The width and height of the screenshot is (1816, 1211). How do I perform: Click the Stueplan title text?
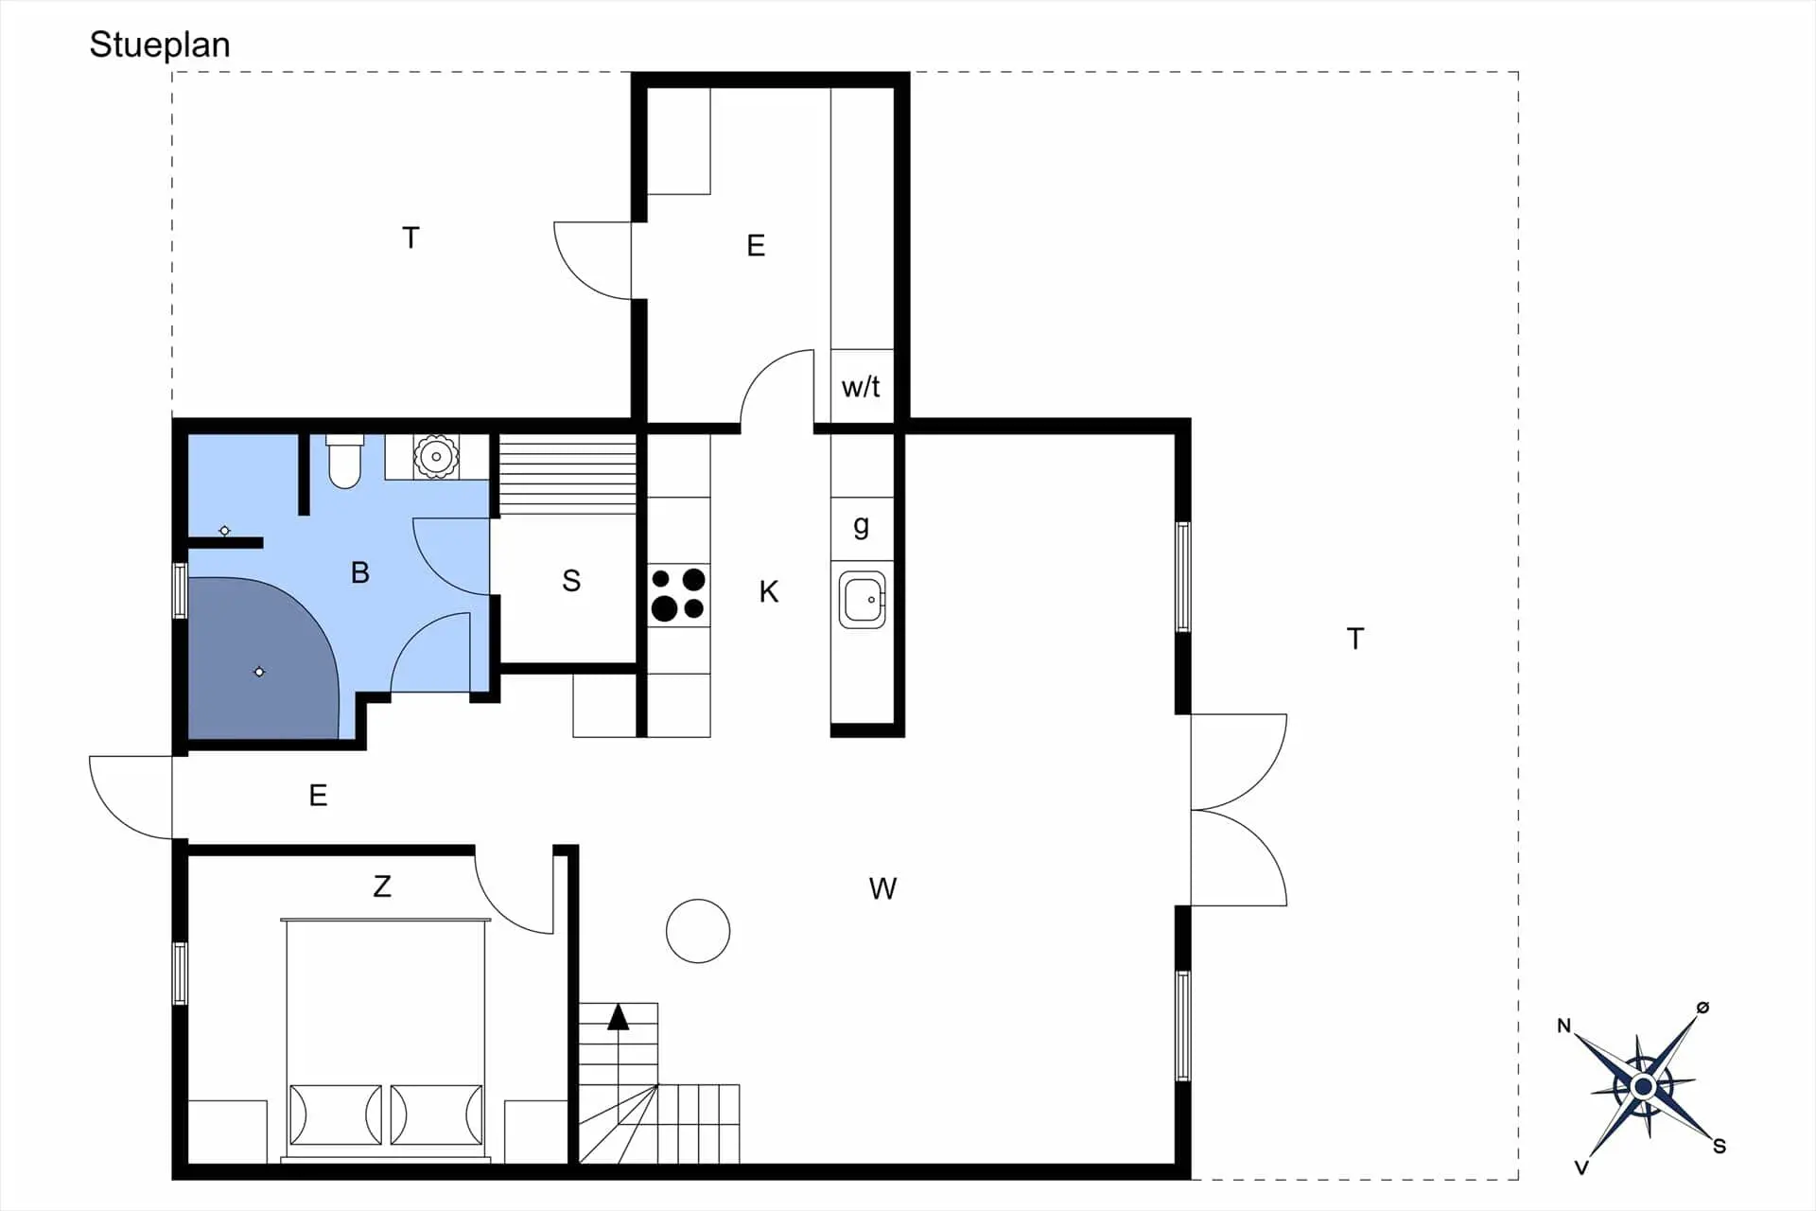tap(160, 45)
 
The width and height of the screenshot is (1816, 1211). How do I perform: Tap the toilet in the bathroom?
tap(344, 461)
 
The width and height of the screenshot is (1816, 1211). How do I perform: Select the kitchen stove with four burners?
tap(678, 594)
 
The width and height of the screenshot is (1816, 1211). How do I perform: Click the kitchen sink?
tap(863, 599)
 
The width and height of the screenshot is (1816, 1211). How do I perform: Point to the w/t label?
tap(861, 386)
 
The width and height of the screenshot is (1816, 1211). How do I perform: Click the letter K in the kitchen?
tap(769, 592)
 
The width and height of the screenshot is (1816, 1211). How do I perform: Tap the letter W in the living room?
tap(882, 888)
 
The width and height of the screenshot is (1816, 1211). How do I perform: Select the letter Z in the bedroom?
tap(382, 886)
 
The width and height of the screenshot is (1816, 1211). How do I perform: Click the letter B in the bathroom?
tap(360, 572)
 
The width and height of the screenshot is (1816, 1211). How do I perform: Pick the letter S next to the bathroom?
tap(571, 580)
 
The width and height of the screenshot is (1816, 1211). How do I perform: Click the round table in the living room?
tap(698, 931)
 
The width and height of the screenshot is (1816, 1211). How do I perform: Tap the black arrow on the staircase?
tap(618, 1017)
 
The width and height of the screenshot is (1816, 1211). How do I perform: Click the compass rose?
tap(1644, 1086)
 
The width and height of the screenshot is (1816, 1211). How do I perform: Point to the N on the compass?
tap(1563, 1026)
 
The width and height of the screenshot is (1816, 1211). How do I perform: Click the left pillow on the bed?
tap(336, 1114)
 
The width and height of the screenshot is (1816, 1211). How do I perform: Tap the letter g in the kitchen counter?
tap(861, 526)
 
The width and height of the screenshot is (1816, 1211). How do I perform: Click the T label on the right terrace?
tap(1355, 639)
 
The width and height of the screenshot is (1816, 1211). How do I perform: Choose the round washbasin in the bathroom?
tap(436, 457)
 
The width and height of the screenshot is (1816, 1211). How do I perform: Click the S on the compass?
tap(1720, 1147)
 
